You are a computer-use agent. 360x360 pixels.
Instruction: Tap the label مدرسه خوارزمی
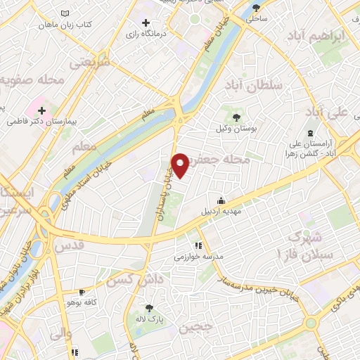pos(202,257)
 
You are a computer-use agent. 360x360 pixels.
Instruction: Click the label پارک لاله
pos(149,319)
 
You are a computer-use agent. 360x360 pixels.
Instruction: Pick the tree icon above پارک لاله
pos(149,308)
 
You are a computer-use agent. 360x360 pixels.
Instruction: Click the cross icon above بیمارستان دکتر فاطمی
pos(42,110)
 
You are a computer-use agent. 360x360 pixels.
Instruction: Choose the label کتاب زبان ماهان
pos(67,25)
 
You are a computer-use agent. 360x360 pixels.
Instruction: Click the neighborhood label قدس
pos(69,246)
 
